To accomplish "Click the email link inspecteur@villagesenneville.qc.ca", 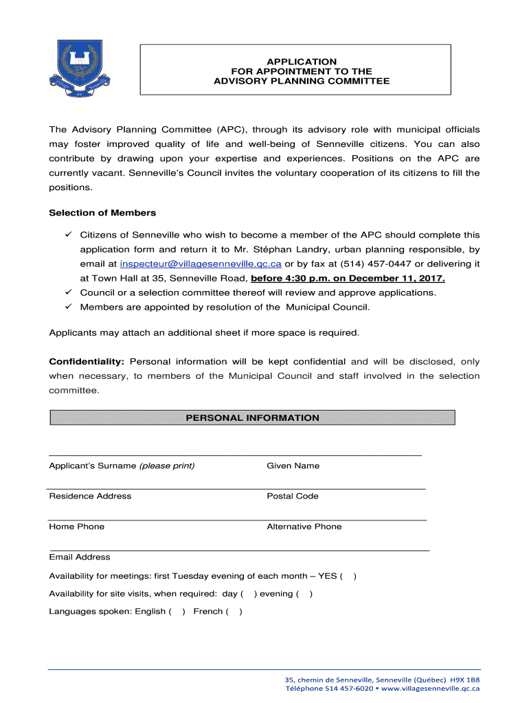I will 201,264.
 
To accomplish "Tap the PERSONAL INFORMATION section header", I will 252,417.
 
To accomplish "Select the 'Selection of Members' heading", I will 102,213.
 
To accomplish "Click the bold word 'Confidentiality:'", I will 87,362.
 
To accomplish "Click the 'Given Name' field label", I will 293,465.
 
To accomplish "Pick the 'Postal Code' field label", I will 292,496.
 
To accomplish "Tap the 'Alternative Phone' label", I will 304,527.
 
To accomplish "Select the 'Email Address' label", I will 79,557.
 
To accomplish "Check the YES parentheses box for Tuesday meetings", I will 348,576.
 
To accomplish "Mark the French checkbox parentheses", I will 234,612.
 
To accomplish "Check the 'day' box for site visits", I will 249,594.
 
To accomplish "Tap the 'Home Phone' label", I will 76,527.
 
